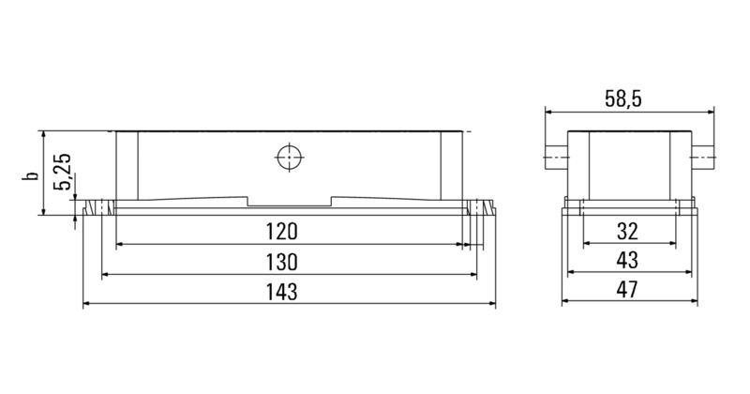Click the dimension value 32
(628, 232)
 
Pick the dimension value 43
(628, 262)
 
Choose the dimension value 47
(628, 292)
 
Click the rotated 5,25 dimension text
(63, 173)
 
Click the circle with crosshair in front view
(289, 157)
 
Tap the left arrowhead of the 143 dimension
(87, 305)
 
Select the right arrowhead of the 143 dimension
(490, 305)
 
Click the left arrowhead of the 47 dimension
(565, 305)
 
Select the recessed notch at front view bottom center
(289, 202)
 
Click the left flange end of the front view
(94, 206)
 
